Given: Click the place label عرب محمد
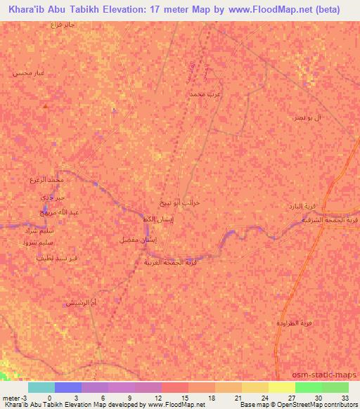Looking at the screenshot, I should [x=209, y=93].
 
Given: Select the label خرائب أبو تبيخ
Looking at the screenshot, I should [x=185, y=202].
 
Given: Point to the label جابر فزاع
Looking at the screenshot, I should [x=63, y=25].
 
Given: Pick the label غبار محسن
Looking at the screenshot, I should [x=28, y=72].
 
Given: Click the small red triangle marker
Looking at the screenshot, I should [x=45, y=106].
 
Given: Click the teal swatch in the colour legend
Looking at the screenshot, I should [x=41, y=387].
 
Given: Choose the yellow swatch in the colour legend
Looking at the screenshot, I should [x=281, y=387].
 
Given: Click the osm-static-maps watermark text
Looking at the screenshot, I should [x=330, y=375].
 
